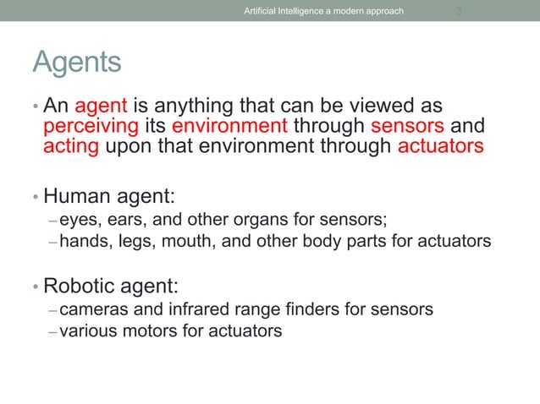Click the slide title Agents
[76, 63]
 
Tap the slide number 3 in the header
[458, 11]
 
